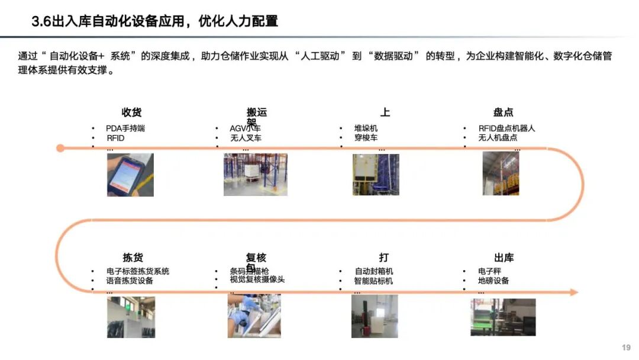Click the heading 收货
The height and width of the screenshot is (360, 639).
131,112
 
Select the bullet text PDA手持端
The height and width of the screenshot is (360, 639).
125,128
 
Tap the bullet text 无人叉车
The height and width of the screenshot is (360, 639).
246,138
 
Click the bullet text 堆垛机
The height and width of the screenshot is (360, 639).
366,128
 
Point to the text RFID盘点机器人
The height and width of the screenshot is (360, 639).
506,128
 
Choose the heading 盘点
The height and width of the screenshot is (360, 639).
503,112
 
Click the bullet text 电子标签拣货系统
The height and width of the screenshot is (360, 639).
138,271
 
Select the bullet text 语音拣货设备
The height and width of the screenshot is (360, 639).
130,281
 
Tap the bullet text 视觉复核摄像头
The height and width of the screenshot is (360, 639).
257,279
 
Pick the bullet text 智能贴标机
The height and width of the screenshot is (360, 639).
373,281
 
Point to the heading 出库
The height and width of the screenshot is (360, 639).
504,258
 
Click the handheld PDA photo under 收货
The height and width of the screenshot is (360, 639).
130,175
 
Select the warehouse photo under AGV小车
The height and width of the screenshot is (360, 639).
255,175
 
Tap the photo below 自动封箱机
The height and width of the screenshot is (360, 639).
375,316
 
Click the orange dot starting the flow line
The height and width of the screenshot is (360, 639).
60,148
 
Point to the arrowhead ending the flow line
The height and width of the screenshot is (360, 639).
573,292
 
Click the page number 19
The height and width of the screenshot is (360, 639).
626,348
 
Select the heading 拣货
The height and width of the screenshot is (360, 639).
133,258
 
